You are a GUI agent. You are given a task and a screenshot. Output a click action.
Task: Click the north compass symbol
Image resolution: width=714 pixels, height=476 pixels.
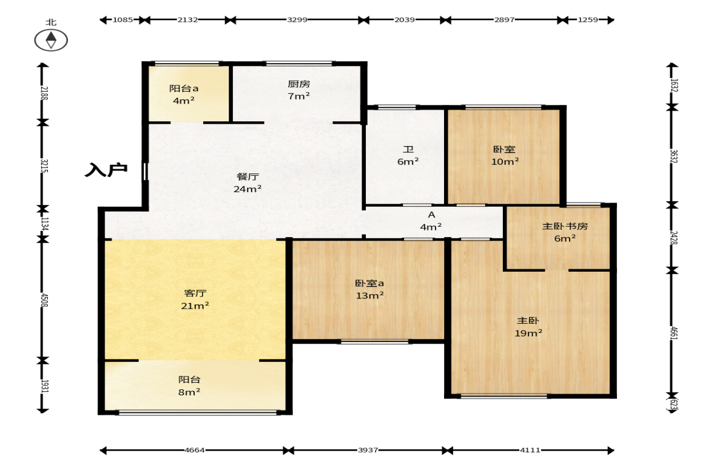51,40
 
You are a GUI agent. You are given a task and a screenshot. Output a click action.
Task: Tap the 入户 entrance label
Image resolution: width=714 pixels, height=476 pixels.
106,170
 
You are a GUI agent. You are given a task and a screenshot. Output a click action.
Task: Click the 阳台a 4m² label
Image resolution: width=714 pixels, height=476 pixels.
184,94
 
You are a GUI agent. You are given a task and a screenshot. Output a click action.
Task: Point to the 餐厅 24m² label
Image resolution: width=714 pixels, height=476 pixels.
248,183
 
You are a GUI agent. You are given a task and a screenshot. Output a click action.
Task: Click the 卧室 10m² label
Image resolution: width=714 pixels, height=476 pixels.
505,155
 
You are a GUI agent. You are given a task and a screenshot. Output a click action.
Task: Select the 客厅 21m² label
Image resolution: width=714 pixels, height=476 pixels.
195,300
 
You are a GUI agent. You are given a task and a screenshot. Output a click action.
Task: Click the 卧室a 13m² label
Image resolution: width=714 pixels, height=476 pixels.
369,289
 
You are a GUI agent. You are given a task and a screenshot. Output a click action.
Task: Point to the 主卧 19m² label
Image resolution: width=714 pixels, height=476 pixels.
528,327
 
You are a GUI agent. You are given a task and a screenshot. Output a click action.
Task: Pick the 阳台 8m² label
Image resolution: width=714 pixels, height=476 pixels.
189,386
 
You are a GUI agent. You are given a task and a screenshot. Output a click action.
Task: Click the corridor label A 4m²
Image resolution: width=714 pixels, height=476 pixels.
431,221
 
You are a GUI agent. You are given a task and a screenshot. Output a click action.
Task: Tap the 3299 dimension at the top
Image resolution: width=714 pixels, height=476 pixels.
297,19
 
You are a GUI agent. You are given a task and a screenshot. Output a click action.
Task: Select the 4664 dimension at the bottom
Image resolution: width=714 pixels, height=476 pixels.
195,450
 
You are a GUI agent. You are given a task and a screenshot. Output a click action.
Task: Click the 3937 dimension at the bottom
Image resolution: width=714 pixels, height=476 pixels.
368,450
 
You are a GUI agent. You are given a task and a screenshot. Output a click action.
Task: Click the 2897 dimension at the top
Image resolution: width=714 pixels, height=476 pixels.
504,19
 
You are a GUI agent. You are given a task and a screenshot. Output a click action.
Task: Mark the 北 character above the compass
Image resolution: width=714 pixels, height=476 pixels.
51,22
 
